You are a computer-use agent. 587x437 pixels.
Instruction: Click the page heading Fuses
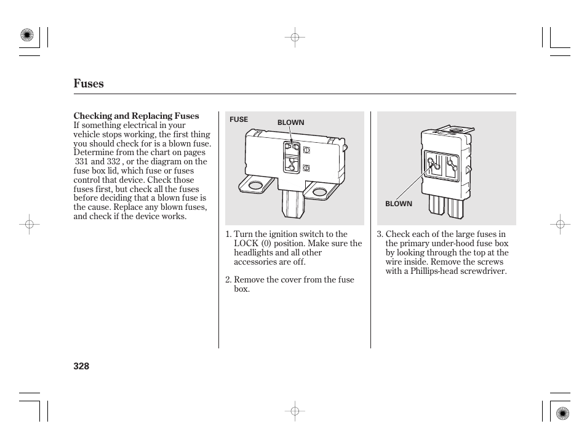tap(89, 84)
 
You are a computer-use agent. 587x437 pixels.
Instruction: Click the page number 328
tap(81, 366)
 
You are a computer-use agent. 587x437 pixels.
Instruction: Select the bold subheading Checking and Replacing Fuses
tap(136, 116)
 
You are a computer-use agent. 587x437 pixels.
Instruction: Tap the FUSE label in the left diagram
tap(239, 119)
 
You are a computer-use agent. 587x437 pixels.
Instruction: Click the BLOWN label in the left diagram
tap(290, 122)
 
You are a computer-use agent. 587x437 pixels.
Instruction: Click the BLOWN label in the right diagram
tap(398, 204)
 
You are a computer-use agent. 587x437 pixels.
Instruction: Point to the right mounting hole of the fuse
tap(319, 192)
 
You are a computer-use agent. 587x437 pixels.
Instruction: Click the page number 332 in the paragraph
tap(113, 162)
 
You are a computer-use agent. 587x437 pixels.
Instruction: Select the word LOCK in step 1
tap(246, 243)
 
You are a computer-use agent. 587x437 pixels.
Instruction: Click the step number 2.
tap(228, 280)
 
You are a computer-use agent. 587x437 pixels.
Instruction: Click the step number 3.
tap(380, 234)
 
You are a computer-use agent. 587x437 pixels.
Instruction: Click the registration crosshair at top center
tap(295, 38)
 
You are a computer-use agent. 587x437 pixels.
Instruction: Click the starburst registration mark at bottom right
tap(561, 413)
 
